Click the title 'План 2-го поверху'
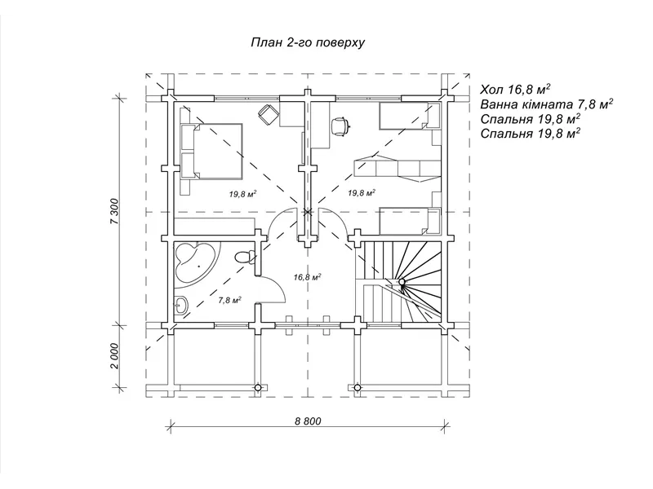coord(308,43)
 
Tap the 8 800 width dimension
coord(308,421)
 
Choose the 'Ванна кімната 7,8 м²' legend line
coord(546,104)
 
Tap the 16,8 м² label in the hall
coord(307,277)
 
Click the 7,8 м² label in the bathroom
coord(230,300)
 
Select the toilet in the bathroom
coord(246,257)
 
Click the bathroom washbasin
coord(180,306)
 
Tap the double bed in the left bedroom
coord(211,152)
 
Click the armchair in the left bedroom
coord(268,113)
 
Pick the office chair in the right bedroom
coord(340,126)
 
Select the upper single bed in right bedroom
coord(410,116)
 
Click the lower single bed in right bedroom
coord(410,222)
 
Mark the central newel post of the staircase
coord(402,282)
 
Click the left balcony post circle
coord(258,388)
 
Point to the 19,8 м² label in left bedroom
coord(242,194)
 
